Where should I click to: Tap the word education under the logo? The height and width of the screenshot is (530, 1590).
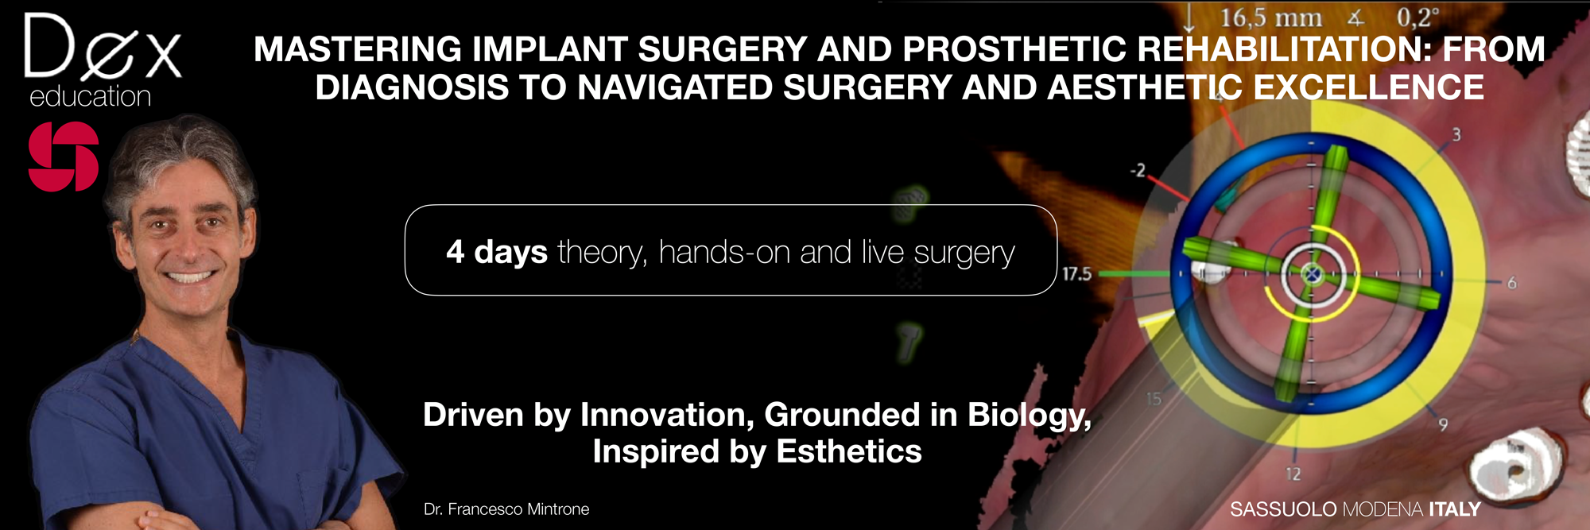click(x=90, y=96)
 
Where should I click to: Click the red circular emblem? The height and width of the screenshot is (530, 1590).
click(x=64, y=157)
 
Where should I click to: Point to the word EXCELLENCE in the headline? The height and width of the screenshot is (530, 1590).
click(x=1368, y=87)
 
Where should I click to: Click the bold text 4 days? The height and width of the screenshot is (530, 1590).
click(x=497, y=252)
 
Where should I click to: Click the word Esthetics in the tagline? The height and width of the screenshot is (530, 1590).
click(x=848, y=451)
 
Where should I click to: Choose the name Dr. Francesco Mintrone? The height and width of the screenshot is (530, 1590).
click(x=506, y=509)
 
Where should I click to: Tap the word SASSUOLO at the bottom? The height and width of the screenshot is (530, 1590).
click(x=1283, y=509)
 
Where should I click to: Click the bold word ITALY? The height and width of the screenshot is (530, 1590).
click(x=1455, y=509)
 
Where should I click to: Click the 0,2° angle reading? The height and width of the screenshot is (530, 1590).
click(x=1418, y=17)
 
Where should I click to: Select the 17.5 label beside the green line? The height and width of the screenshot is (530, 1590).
click(x=1076, y=274)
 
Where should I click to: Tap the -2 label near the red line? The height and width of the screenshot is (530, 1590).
click(x=1138, y=170)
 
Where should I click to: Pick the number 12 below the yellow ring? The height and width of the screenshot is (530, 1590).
click(x=1293, y=474)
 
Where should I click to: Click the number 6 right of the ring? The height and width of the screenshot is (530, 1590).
click(x=1512, y=282)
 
